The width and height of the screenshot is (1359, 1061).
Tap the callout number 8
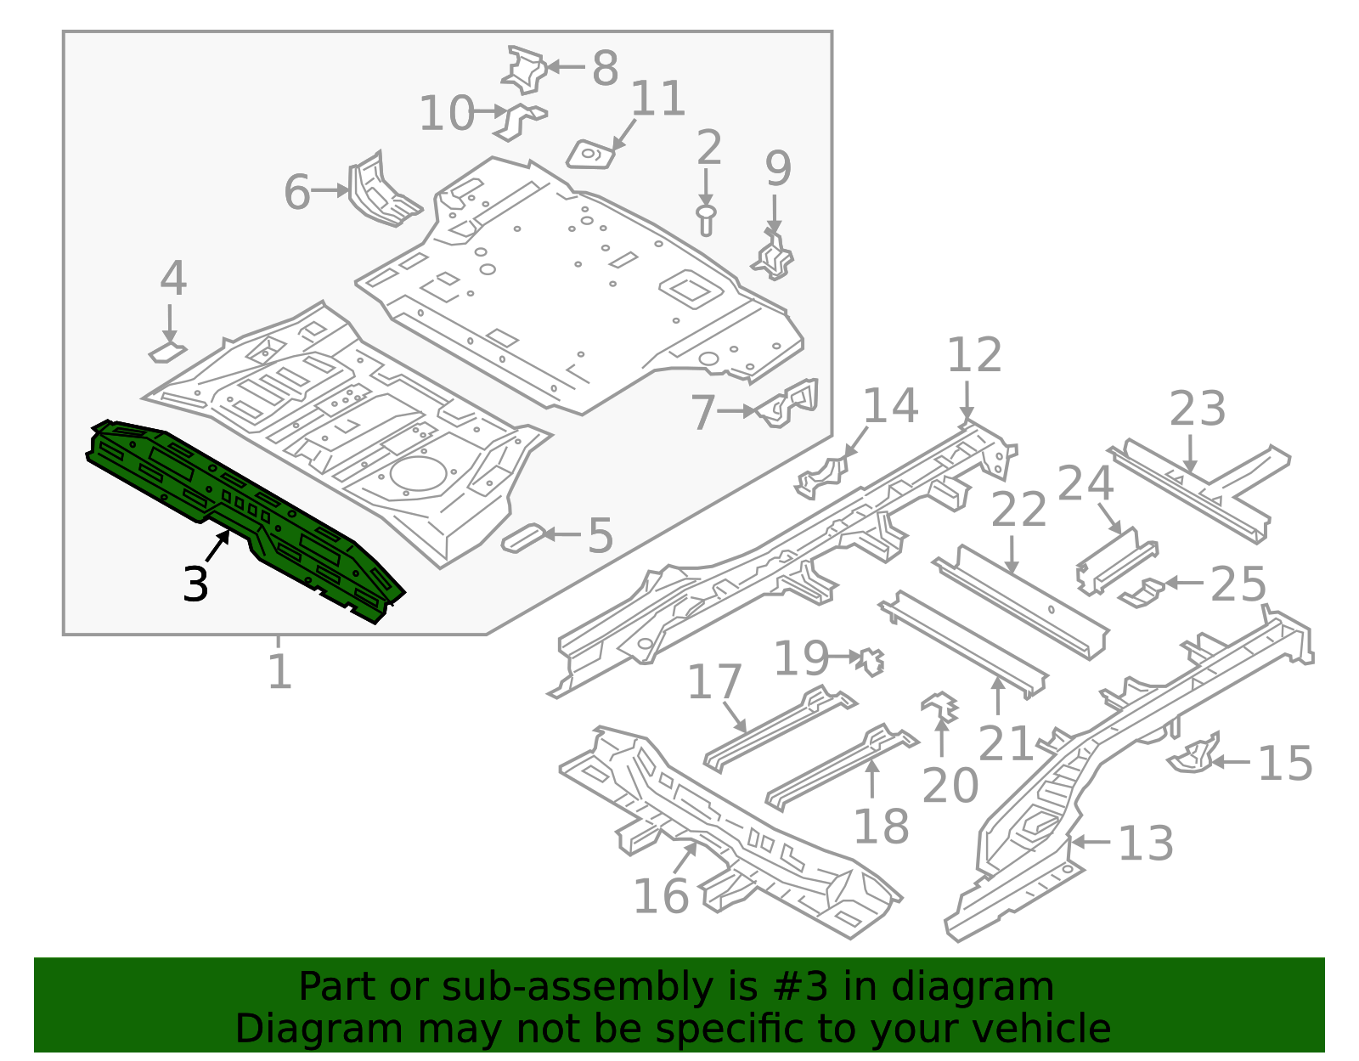point(605,67)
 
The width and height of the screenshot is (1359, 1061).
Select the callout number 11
point(658,99)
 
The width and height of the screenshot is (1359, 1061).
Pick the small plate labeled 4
point(167,352)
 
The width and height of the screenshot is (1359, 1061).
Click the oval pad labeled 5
point(523,538)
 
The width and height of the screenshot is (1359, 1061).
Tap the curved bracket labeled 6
point(381,190)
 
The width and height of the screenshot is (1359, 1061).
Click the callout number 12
point(973,354)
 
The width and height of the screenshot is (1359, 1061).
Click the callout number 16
point(661,896)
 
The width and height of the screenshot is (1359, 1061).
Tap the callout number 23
point(1197,409)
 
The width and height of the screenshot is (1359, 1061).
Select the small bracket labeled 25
point(1142,593)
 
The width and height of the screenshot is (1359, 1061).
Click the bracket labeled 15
point(1194,754)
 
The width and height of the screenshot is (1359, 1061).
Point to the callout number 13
point(1145,844)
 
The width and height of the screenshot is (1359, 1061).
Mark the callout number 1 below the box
point(279,671)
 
